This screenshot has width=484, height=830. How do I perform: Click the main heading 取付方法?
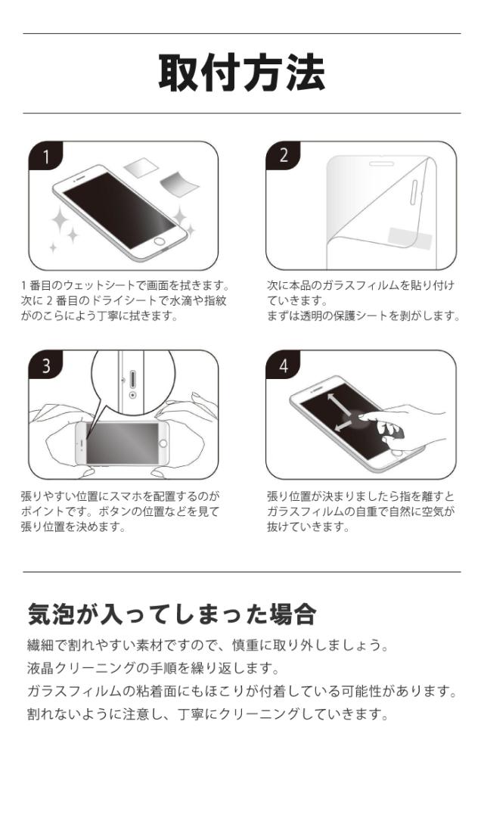(x=241, y=73)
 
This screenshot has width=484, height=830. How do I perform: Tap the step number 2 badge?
(x=284, y=157)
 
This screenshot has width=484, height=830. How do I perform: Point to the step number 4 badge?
(x=284, y=366)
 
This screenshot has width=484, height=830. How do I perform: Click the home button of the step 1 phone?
(x=160, y=243)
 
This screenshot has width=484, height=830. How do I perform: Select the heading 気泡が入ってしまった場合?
(x=171, y=614)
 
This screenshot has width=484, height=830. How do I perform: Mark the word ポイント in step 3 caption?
(x=44, y=511)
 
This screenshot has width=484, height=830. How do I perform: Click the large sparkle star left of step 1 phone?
(x=63, y=222)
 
